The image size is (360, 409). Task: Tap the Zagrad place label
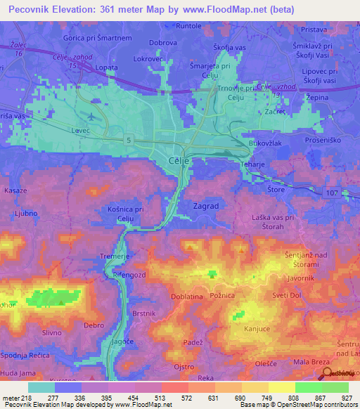coord(205,207)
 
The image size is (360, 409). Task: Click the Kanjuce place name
coord(257,329)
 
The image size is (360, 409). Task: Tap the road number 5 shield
coord(128,140)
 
